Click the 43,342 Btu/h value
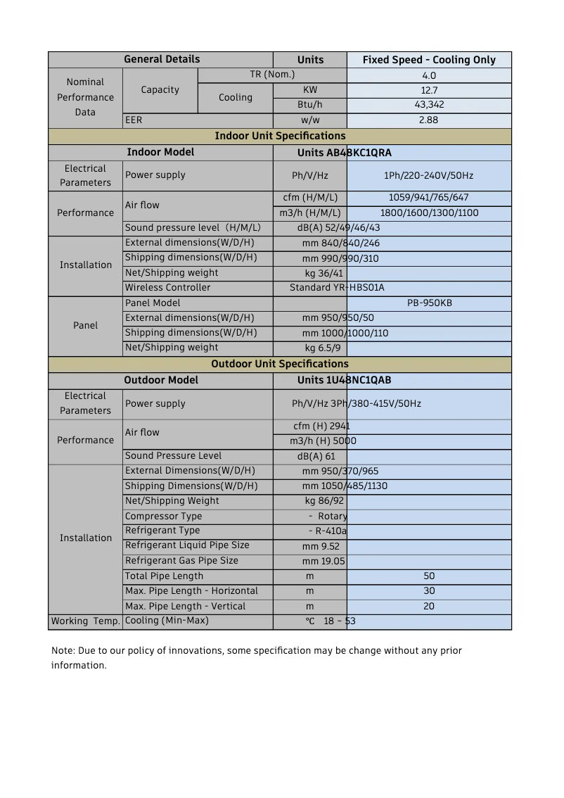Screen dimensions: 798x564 tap(429, 105)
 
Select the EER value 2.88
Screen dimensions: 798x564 tap(428, 120)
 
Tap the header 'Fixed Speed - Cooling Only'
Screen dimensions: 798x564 tap(429, 60)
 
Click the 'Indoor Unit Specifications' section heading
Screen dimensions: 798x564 tap(280, 136)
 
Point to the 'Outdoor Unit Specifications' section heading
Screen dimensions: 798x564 tap(280, 364)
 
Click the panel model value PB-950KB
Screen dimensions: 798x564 tap(429, 303)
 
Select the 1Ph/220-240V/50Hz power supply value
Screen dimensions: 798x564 tap(428, 175)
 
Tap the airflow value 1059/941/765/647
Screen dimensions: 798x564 tap(428, 198)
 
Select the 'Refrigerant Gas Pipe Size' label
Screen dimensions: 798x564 tap(181, 561)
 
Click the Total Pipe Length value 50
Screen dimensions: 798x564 tap(429, 576)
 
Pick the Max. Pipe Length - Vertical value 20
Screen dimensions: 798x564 tap(429, 607)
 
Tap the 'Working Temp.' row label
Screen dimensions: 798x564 tap(85, 621)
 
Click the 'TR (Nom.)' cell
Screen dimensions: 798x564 tap(272, 75)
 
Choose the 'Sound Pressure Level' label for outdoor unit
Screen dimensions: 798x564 tap(173, 456)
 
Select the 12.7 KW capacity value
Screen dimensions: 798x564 tap(429, 90)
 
